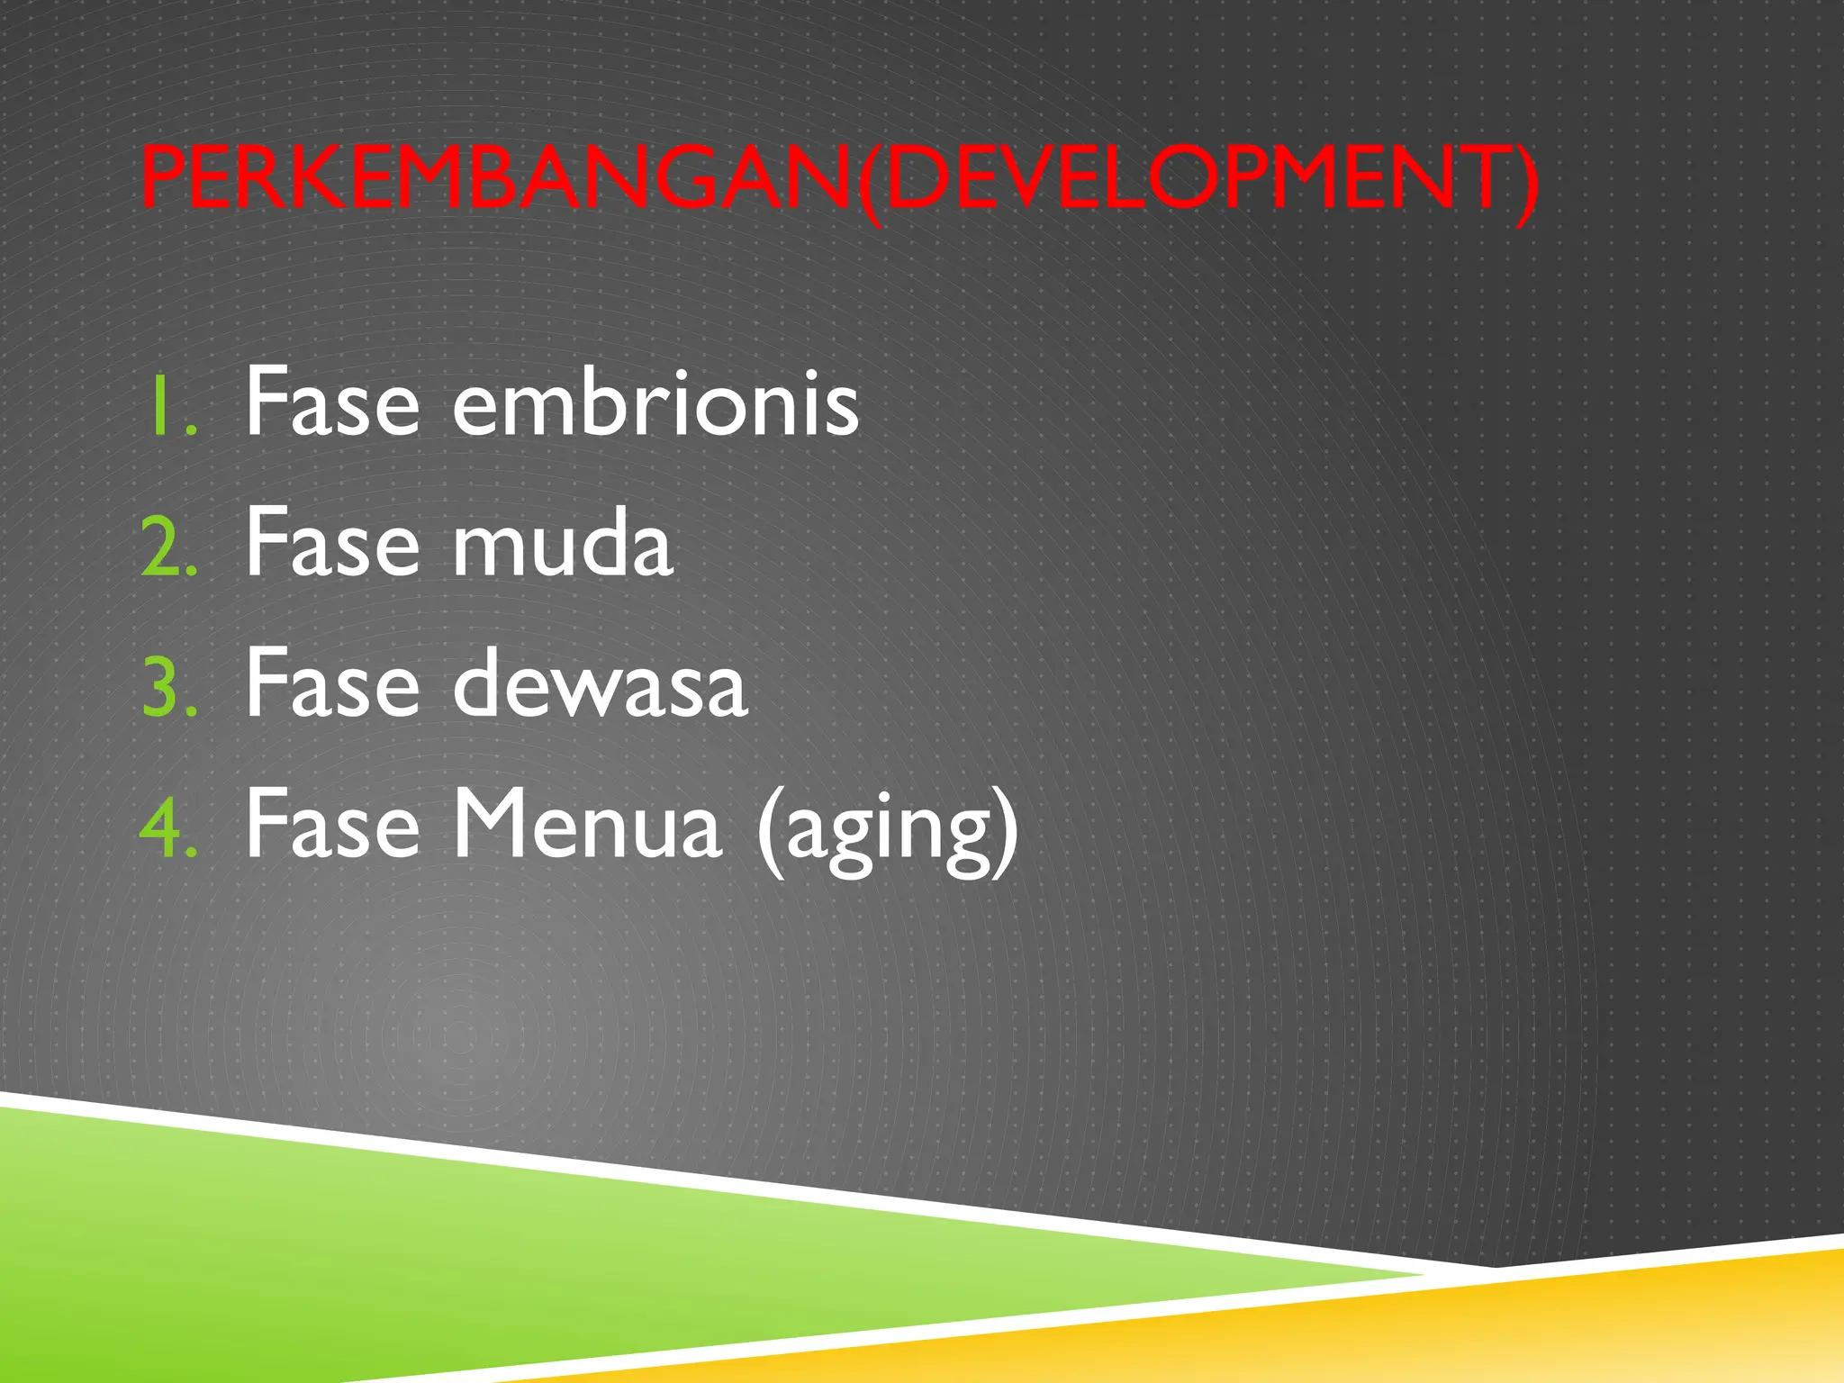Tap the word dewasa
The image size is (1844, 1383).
(600, 685)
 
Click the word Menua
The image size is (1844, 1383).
(586, 825)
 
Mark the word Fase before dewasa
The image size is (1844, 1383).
(332, 685)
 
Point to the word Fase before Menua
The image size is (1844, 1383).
(332, 825)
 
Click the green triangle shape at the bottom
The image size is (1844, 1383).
(450, 1261)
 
